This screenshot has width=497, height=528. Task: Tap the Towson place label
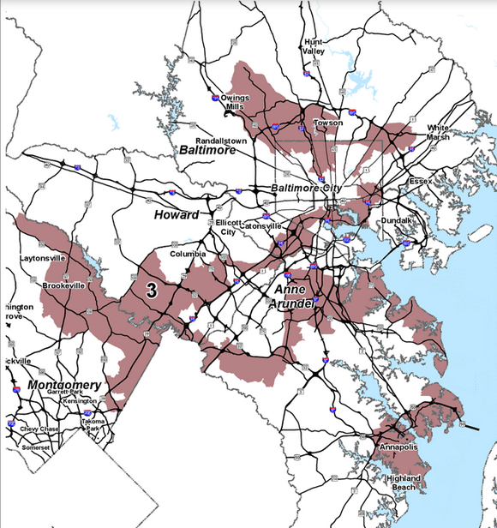pyautogui.click(x=328, y=123)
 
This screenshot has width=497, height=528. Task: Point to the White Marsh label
pyautogui.click(x=437, y=132)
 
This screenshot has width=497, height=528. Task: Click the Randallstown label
pyautogui.click(x=221, y=141)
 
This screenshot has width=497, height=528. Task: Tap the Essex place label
pyautogui.click(x=421, y=182)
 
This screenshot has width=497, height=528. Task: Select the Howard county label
pyautogui.click(x=176, y=214)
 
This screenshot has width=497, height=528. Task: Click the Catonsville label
pyautogui.click(x=262, y=226)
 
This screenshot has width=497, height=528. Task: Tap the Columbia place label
pyautogui.click(x=188, y=255)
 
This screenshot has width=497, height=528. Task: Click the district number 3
pyautogui.click(x=152, y=291)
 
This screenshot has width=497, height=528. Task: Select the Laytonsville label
pyautogui.click(x=44, y=258)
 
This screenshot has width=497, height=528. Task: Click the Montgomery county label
pyautogui.click(x=64, y=385)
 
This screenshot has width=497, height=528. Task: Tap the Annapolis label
pyautogui.click(x=397, y=448)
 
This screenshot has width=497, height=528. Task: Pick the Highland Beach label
pyautogui.click(x=404, y=482)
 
